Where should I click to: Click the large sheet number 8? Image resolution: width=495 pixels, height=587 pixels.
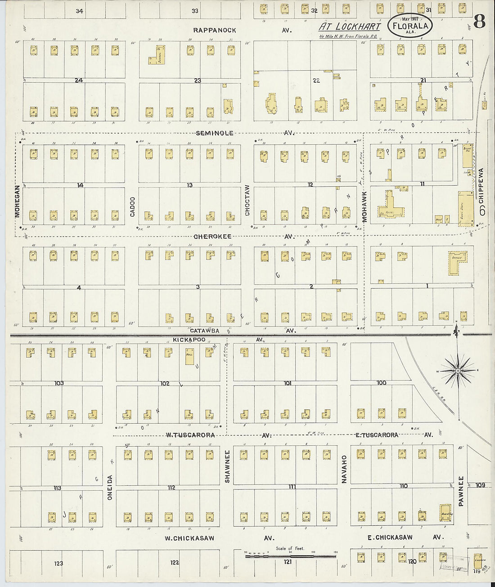coord(479,22)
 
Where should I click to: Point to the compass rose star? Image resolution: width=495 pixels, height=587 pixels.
coord(457,371)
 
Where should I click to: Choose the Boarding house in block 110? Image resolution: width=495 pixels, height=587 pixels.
coord(445,512)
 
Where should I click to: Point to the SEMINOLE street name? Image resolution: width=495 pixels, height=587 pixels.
coord(215,133)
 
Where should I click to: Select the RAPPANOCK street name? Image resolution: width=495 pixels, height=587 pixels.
coord(214,30)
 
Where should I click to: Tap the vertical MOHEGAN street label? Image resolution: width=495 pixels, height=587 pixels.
coord(18,201)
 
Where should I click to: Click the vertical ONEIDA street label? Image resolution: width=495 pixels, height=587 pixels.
coord(109,487)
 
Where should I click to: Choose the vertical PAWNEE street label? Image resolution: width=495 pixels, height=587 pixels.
coord(461,490)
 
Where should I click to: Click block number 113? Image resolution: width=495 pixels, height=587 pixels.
coord(57,488)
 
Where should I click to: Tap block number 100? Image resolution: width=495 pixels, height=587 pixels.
coord(381,383)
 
